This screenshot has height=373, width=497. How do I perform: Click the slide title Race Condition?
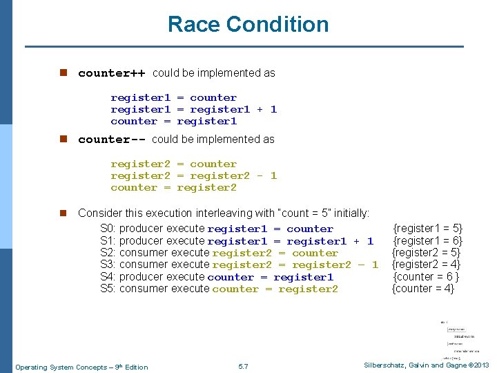tap(248, 25)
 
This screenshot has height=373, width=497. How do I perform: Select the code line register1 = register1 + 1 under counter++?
tap(193, 109)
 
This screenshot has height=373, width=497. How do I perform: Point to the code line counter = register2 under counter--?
tap(173, 187)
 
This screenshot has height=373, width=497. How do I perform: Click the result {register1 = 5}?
tap(428, 229)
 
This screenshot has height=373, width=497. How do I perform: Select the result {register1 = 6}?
tap(428, 240)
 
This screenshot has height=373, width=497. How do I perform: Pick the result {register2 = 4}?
tap(427, 265)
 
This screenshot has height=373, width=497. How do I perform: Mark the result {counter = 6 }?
tap(427, 276)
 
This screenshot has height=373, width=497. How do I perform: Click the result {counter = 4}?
tap(423, 289)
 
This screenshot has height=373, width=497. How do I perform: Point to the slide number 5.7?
tap(242, 366)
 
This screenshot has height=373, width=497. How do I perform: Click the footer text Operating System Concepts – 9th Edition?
tap(81, 367)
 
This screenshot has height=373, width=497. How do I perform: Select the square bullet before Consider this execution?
tap(62, 213)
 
